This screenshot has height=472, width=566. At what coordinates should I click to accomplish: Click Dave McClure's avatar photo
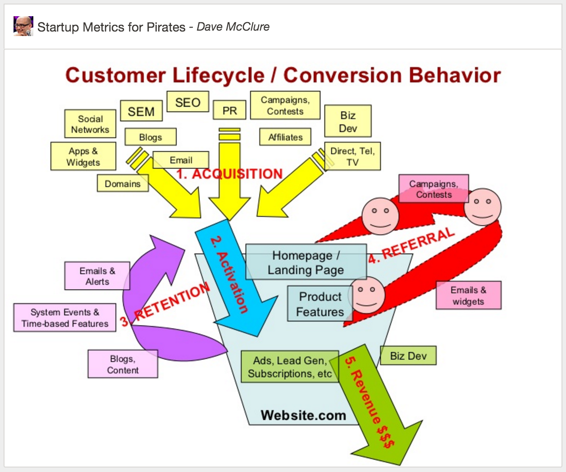(23, 26)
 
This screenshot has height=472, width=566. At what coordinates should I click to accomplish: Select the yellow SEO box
(187, 102)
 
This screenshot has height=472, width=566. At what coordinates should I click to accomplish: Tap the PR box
(229, 110)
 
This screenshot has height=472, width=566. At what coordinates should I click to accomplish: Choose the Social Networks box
(90, 124)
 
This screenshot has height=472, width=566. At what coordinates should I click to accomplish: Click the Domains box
(123, 184)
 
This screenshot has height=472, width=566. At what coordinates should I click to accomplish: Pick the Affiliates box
(285, 137)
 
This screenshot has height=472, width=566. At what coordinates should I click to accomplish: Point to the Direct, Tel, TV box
(352, 156)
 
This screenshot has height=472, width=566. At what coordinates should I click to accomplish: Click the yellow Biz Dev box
(348, 122)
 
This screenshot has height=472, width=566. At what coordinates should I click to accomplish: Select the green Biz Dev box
(408, 356)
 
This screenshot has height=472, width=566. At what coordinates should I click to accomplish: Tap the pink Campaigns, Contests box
(434, 189)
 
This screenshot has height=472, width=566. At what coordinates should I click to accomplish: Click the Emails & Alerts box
(97, 276)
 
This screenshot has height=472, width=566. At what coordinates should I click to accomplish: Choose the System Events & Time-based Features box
(65, 318)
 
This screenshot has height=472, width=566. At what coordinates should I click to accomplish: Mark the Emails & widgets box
(468, 295)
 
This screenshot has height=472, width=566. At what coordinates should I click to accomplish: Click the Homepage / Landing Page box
(306, 263)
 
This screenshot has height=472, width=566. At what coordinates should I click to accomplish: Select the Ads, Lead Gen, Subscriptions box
(289, 367)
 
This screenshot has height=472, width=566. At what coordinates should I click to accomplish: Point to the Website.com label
(303, 415)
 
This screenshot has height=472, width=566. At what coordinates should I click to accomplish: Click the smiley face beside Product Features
(368, 295)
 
